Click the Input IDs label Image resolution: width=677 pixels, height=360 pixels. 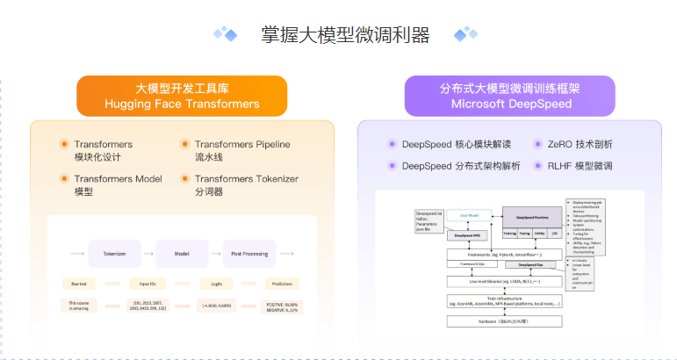147,284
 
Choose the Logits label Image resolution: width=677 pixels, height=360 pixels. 213,284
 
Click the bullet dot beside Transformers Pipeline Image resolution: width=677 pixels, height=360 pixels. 184,144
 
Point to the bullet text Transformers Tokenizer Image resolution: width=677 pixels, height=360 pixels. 246,178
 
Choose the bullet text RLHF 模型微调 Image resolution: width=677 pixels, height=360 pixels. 580,165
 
